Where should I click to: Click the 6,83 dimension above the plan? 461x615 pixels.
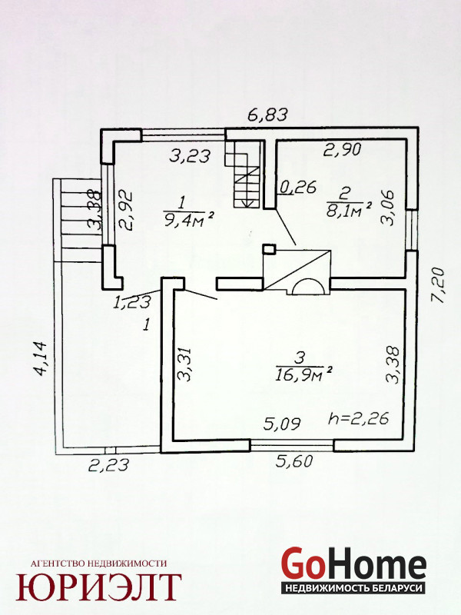point(268,115)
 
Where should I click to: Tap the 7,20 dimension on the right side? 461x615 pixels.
point(438,285)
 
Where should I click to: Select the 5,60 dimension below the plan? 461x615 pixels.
point(294,460)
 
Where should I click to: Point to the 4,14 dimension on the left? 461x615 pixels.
point(40,359)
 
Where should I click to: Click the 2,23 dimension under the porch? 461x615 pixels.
point(108,465)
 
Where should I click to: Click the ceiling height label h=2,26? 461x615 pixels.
point(358,418)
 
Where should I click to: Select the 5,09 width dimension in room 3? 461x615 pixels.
point(282,424)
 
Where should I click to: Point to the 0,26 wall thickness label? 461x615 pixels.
point(297,187)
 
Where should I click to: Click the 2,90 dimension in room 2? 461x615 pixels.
point(342,149)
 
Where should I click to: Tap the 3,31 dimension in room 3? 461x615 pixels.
point(184,364)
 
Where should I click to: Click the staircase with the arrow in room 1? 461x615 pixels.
point(243,175)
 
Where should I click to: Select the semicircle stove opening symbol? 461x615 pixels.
point(309,287)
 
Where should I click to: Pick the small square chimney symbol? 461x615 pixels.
point(270,249)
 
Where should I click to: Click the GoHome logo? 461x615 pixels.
point(354,570)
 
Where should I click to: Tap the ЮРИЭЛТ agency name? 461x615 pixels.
point(98,587)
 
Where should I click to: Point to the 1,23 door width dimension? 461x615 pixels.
point(132,302)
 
